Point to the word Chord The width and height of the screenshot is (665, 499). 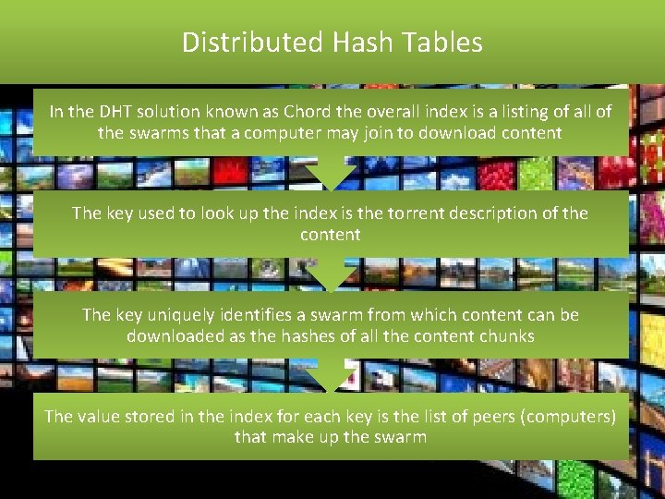[312, 112]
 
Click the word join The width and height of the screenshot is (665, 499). [334, 133]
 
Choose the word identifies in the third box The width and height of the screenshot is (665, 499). [272, 315]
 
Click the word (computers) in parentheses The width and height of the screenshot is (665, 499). [568, 417]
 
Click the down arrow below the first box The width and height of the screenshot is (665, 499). [331, 173]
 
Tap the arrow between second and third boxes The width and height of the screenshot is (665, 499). [331, 274]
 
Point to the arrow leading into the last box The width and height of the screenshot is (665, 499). [331, 376]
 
